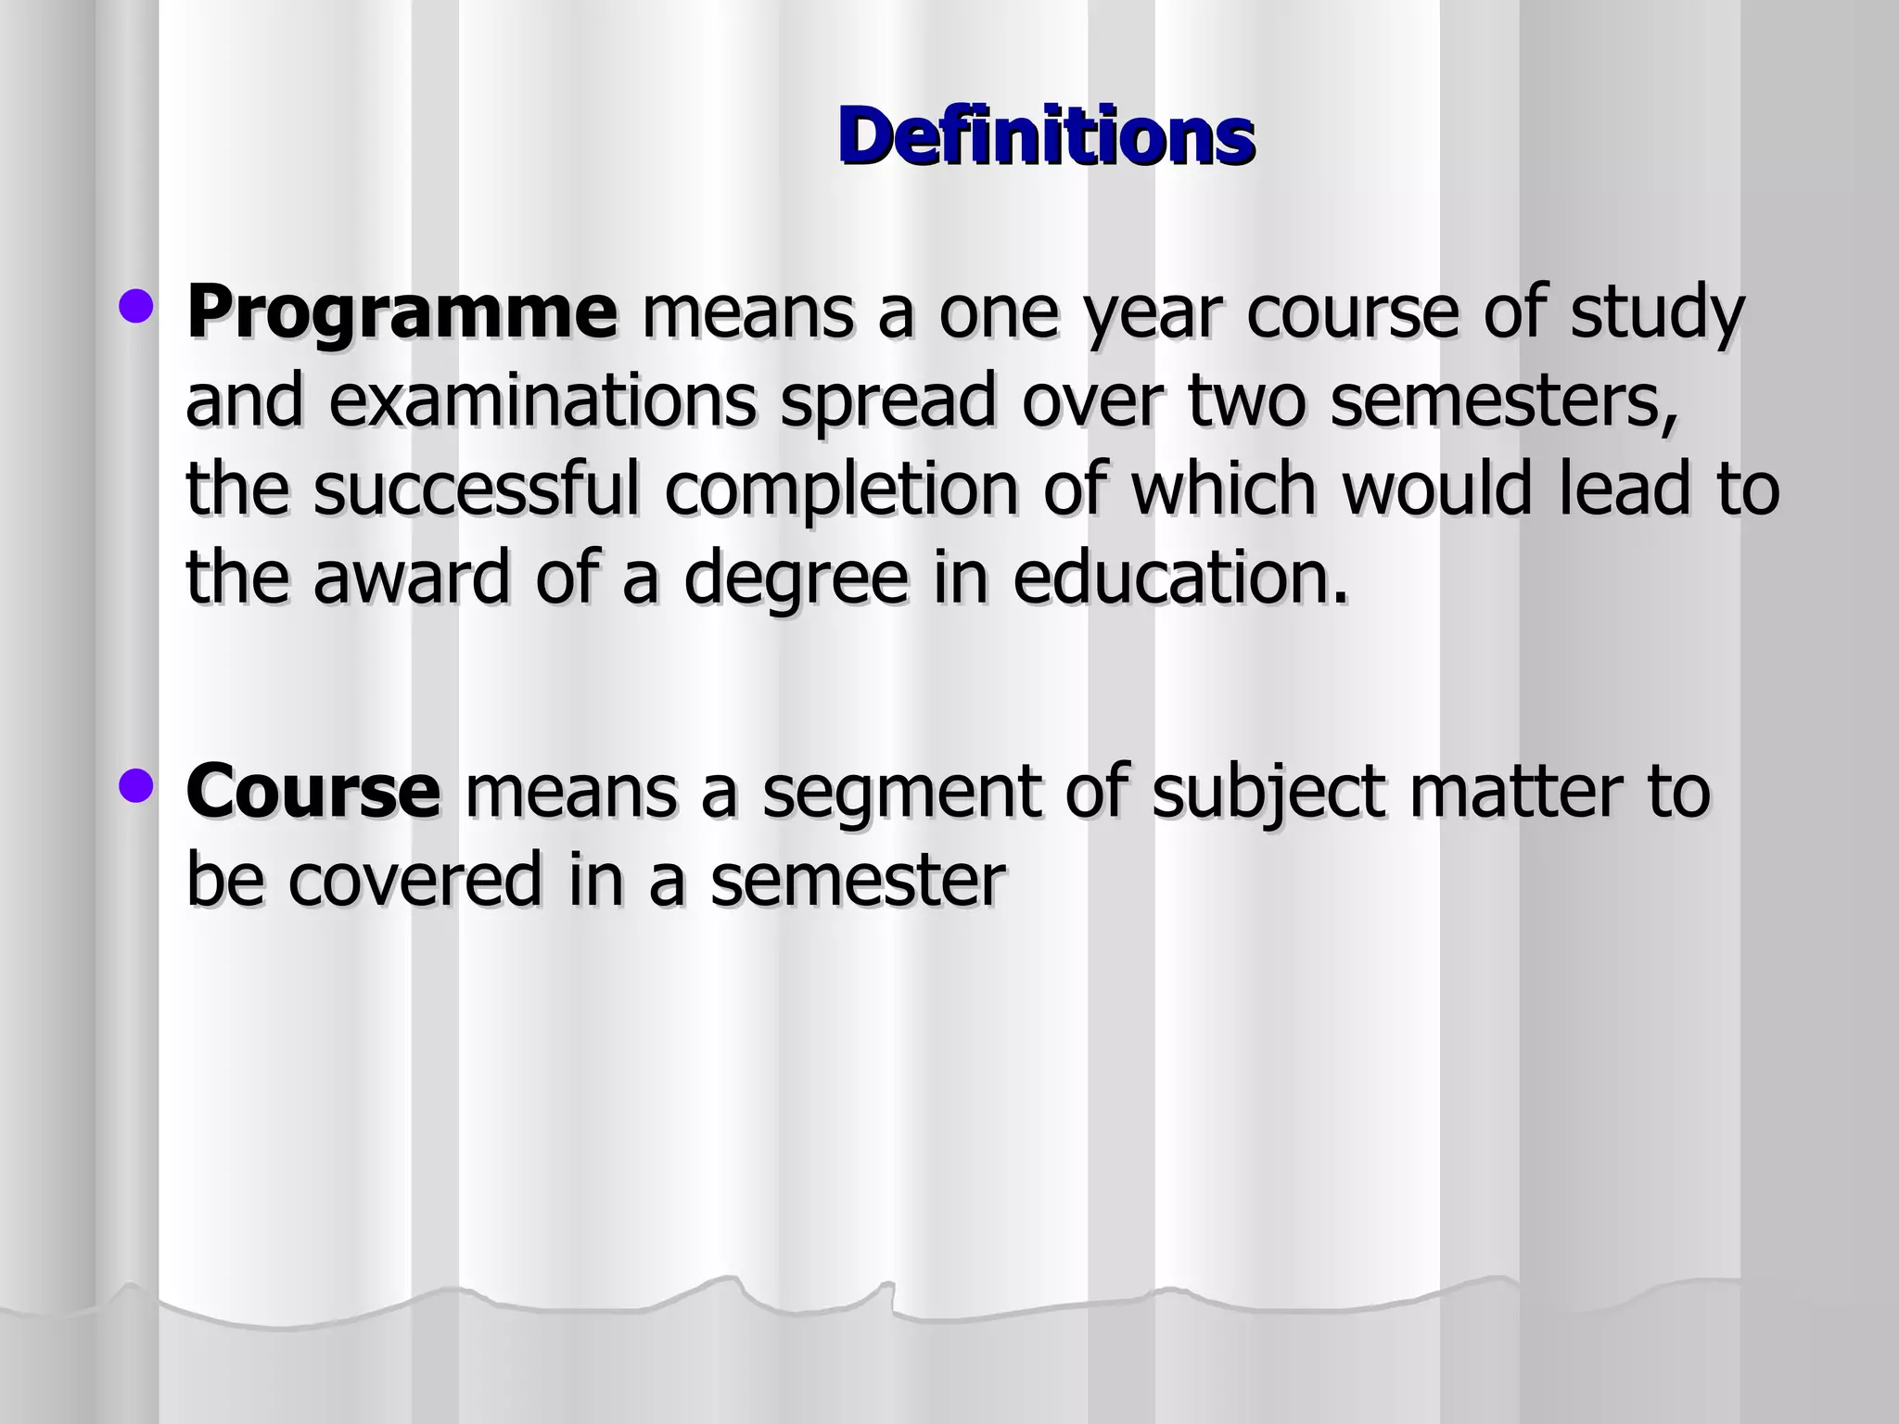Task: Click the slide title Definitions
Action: point(1046,136)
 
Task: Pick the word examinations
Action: point(542,401)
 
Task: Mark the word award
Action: point(412,578)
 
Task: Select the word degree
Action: point(797,578)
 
